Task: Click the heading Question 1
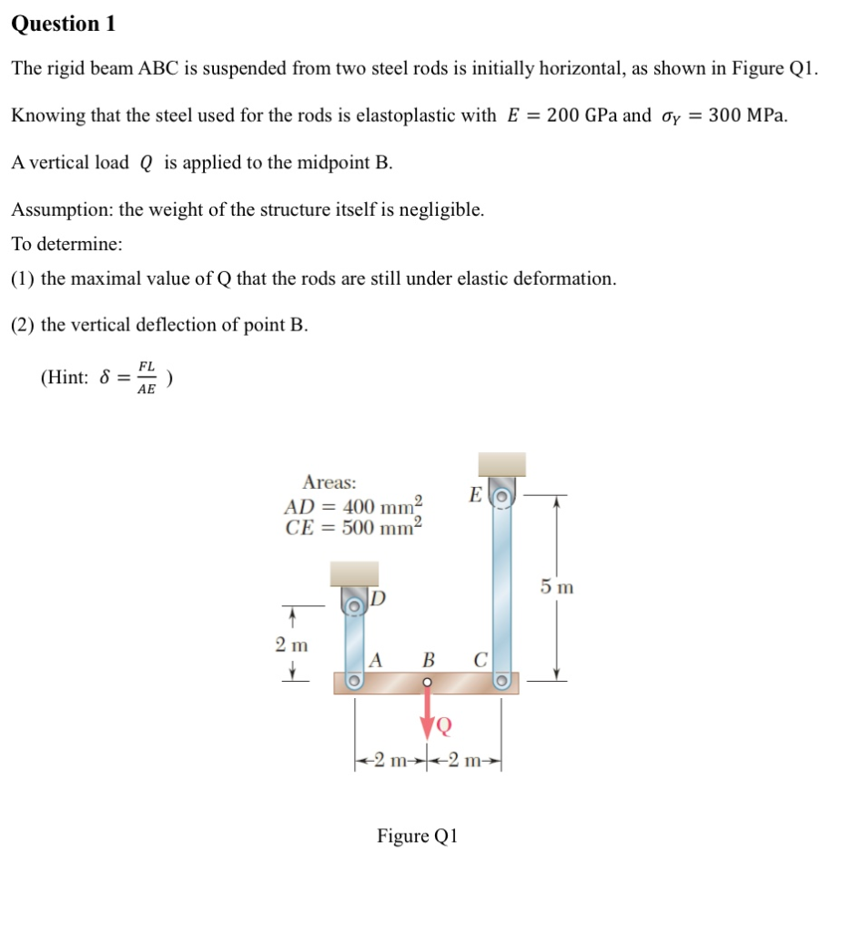pos(64,25)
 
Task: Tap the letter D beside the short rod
pos(379,599)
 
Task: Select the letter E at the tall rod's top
pos(474,494)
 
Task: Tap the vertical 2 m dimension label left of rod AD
pos(292,645)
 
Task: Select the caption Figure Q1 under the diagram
pos(418,836)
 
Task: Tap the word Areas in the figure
pos(329,482)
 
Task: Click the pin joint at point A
pos(353,682)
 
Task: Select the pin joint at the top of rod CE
pos(500,495)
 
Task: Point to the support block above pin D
pos(354,573)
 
